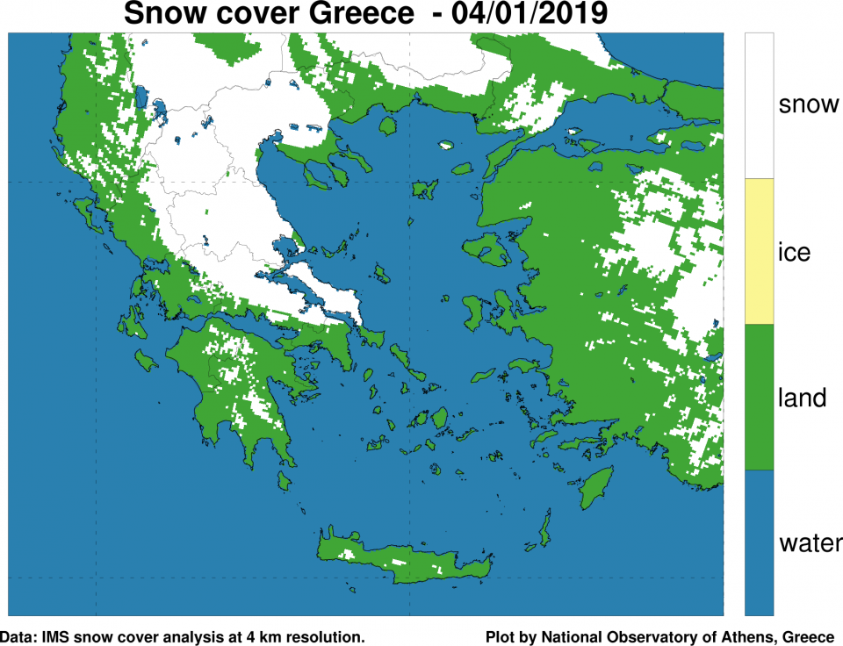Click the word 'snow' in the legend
[x=808, y=105]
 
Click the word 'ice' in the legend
[x=794, y=253]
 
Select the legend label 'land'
[x=803, y=398]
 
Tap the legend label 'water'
[x=811, y=543]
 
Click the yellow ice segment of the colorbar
[x=759, y=251]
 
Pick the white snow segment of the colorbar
[x=759, y=105]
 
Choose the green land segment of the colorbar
[x=759, y=397]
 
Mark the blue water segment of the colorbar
[x=759, y=542]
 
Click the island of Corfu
[x=86, y=210]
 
